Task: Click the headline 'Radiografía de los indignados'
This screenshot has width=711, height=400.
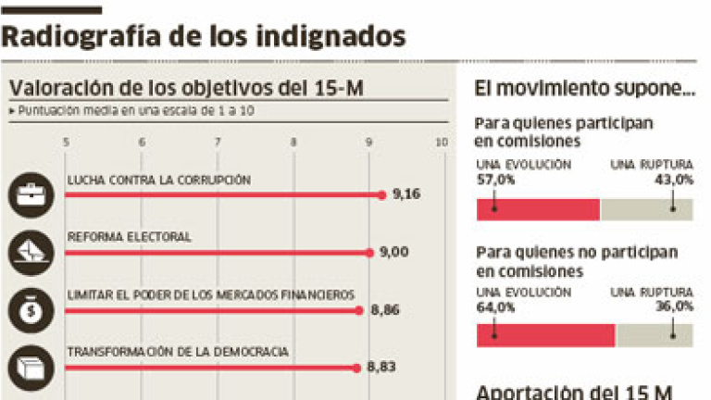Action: coord(205,36)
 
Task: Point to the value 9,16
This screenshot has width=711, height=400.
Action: coord(407,194)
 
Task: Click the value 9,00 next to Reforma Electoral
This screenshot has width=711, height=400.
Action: coord(393,252)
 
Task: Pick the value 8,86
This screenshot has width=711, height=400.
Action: coord(384,310)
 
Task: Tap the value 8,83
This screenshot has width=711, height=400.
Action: coord(381,368)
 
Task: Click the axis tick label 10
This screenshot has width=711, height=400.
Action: coord(441,142)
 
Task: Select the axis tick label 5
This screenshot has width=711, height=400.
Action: coord(65,142)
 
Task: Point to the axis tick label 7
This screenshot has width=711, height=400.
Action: coord(217,142)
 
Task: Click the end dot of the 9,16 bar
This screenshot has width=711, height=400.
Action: coord(381,194)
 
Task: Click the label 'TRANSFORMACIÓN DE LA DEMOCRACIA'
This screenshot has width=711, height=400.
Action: coord(179,352)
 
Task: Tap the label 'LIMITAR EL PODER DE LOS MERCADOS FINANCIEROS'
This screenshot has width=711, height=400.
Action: coord(211,294)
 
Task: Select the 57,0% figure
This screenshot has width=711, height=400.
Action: coord(494,180)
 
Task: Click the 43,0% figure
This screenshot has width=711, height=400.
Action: coord(675,180)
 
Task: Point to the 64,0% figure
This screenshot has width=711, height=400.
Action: coord(494,306)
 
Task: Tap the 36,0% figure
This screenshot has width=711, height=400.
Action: coord(675,306)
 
